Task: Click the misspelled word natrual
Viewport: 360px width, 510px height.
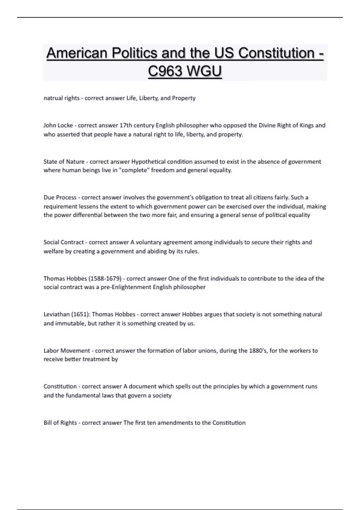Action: tap(52, 98)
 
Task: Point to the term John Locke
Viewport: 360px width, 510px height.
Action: tap(58, 125)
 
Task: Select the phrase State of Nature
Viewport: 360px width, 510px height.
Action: tap(64, 162)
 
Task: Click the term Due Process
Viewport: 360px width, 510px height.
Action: tap(60, 197)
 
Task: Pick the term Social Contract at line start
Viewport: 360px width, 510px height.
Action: tap(64, 242)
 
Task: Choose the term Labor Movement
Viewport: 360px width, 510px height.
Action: tap(67, 350)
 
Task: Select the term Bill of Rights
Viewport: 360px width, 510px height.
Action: tap(60, 423)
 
